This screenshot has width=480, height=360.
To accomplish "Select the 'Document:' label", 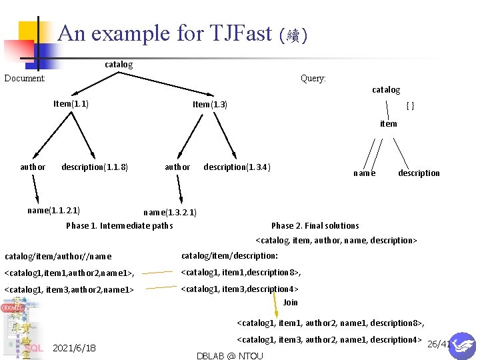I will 25,79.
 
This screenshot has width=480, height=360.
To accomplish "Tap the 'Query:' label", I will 313,79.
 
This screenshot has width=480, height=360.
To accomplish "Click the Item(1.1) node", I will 71,104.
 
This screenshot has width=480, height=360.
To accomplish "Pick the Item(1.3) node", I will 210,105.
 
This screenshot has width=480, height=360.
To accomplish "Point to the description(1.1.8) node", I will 95,167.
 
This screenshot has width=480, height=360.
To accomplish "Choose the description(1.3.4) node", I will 237,167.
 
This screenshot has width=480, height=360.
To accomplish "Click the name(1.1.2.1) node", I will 53,211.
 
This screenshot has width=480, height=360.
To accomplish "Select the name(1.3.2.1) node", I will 170,213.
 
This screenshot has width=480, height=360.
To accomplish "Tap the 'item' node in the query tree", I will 388,124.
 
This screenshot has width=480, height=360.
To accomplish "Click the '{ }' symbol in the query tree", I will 411,106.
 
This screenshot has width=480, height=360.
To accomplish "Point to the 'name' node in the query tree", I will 364,173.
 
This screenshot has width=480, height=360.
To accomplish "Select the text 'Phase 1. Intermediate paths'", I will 119,226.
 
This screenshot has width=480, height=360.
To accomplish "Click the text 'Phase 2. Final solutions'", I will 315,226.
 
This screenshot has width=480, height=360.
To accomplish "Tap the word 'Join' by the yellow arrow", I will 291,303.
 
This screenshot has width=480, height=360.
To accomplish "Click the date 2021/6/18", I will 74,348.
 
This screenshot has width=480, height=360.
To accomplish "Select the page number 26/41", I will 438,344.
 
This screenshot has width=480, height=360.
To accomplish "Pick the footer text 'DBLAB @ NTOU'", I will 230,355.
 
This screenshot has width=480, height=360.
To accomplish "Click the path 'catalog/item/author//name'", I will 58,257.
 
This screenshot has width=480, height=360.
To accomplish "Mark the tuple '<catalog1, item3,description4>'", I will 239,289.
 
